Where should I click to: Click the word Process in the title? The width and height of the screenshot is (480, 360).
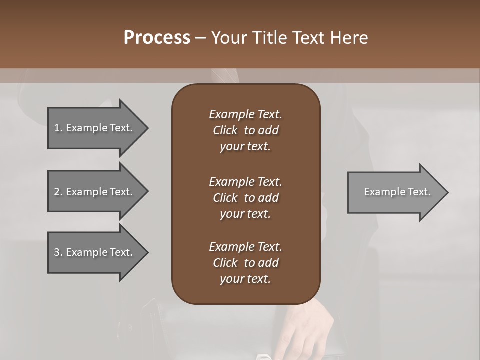click(157, 38)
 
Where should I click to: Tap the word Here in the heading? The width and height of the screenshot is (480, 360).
click(348, 38)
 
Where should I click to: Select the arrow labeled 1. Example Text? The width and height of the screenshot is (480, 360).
click(95, 128)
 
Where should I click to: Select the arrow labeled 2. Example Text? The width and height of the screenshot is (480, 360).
click(95, 192)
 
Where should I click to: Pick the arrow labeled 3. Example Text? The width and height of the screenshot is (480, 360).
click(95, 252)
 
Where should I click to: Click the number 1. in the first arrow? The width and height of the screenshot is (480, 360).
click(58, 128)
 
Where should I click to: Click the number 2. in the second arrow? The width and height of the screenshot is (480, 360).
click(58, 192)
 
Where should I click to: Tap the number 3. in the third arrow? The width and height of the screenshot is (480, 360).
click(58, 252)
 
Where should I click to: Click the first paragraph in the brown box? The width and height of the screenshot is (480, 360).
click(245, 130)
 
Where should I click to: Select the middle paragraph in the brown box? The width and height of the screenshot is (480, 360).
click(245, 197)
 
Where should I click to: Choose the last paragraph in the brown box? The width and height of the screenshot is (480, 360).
click(245, 263)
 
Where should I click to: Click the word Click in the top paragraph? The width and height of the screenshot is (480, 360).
click(225, 130)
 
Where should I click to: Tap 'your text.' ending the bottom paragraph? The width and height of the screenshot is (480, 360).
click(245, 279)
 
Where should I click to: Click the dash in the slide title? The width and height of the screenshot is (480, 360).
click(200, 38)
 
